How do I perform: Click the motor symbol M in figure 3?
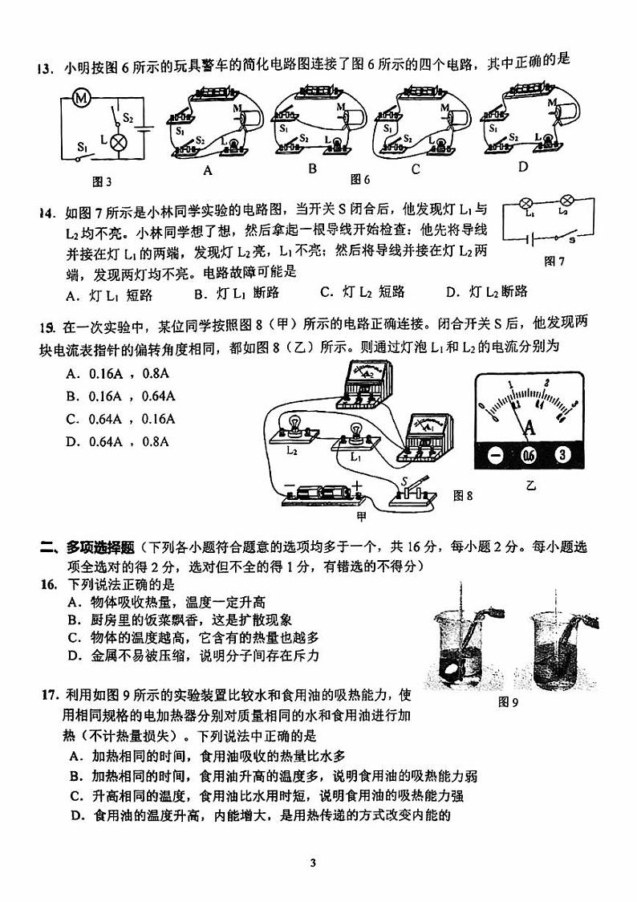coord(80,99)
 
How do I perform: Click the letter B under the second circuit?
coord(313,169)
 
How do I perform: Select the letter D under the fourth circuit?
coord(522,168)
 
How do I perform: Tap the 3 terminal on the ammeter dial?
coord(564,456)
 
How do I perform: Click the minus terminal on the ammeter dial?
coord(495,456)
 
